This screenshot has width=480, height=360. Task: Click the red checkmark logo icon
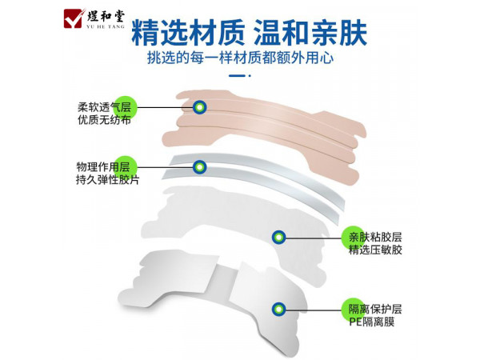[74, 18]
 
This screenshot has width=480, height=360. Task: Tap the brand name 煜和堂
[106, 16]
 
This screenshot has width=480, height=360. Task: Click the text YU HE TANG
[106, 27]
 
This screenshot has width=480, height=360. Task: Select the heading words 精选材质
[188, 33]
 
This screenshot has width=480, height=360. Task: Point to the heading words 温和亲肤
[310, 33]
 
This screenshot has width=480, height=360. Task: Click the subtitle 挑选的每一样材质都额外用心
[240, 58]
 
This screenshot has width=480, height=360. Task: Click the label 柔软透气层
[104, 107]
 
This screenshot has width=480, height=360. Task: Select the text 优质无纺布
[104, 120]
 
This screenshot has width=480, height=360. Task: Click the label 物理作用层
[103, 167]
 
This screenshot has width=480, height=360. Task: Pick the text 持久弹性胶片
[107, 180]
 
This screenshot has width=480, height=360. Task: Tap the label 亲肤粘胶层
[375, 238]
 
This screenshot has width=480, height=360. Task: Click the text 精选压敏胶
[375, 250]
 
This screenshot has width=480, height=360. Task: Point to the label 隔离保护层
[375, 309]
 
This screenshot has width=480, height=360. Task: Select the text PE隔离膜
[372, 322]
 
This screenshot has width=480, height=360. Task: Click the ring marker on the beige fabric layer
[199, 107]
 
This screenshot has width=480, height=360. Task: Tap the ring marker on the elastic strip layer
[199, 167]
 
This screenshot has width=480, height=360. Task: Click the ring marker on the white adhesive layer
[279, 238]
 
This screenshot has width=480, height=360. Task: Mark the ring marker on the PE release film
[279, 309]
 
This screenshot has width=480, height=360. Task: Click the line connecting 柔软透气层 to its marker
[165, 107]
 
